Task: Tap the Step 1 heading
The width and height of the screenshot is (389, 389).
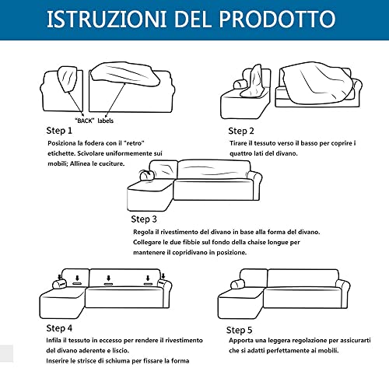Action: click(x=59, y=130)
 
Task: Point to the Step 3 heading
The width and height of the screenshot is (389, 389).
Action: click(x=144, y=219)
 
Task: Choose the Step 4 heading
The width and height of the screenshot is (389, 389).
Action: click(x=60, y=328)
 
